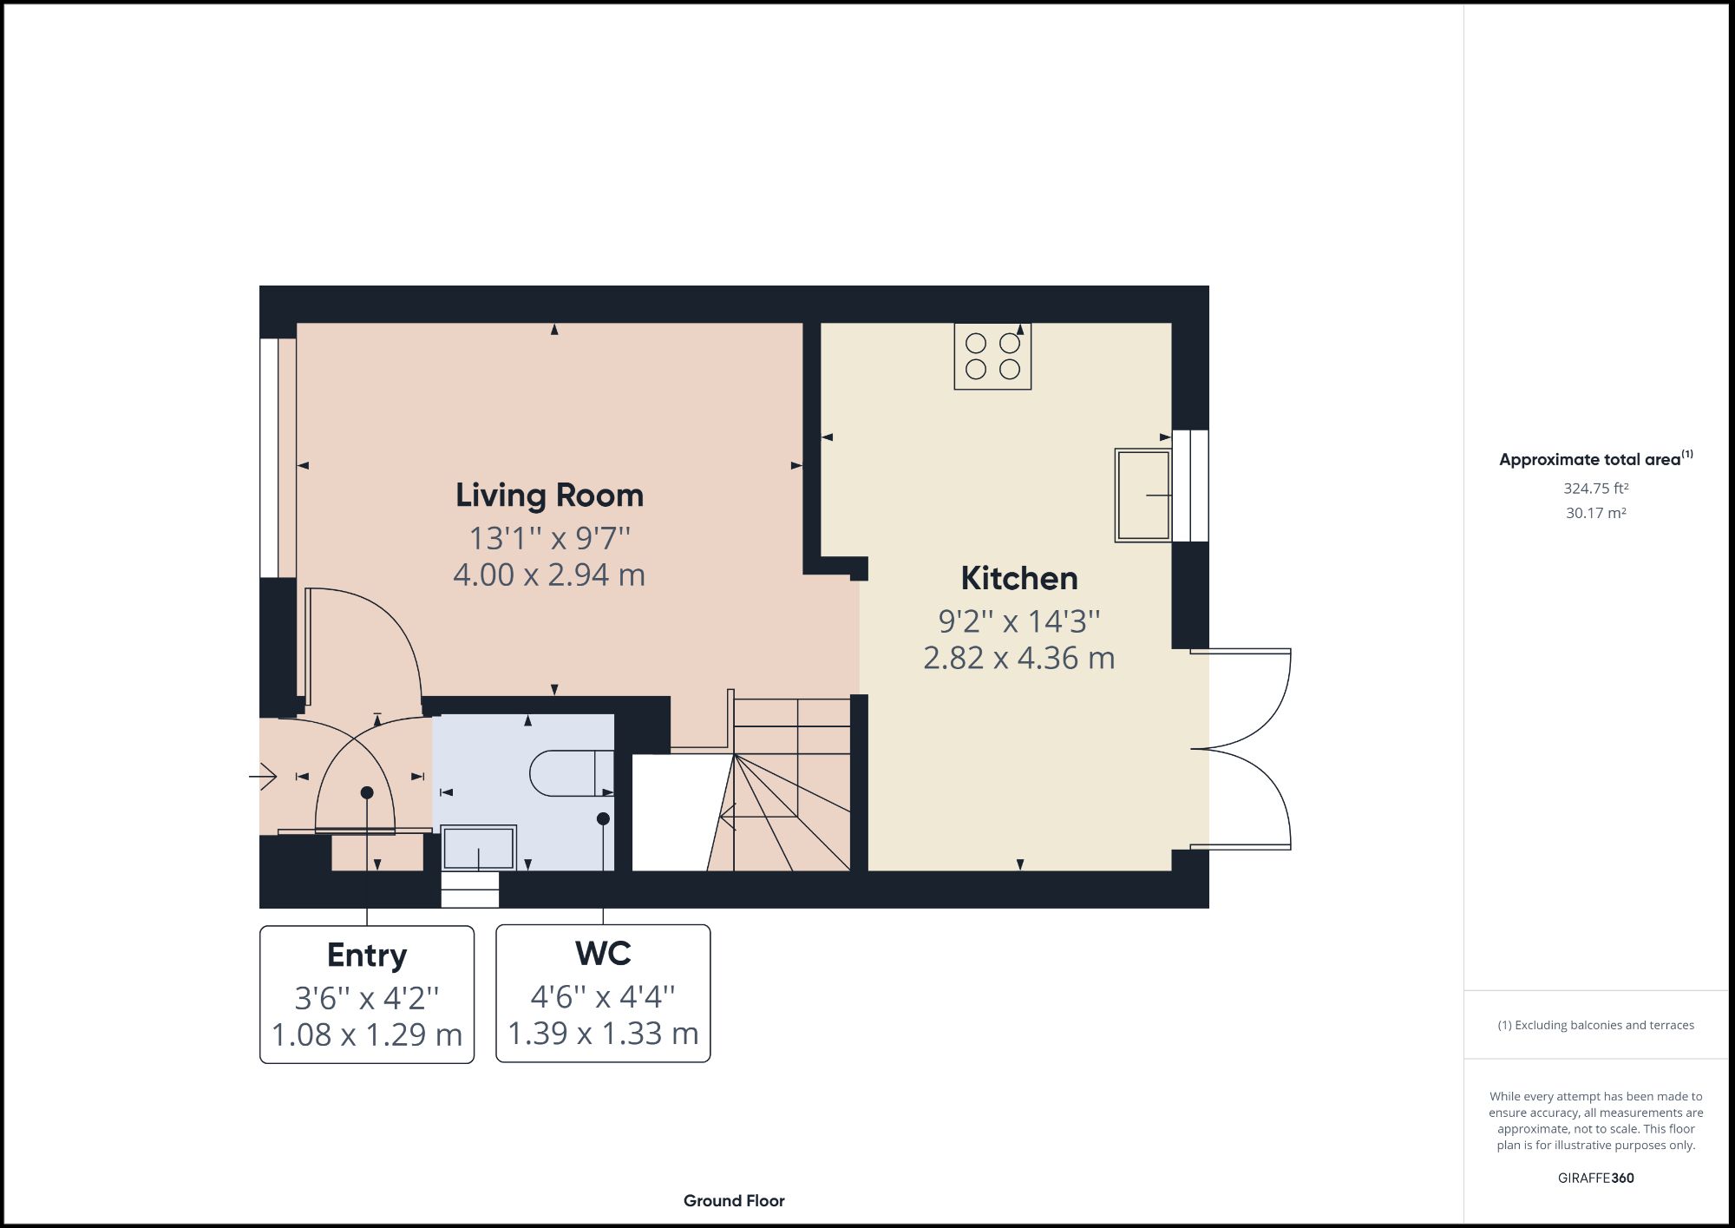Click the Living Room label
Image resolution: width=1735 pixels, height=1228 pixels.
[549, 496]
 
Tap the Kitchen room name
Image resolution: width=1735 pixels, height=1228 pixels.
[1018, 579]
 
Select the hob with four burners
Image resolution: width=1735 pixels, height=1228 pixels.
[992, 356]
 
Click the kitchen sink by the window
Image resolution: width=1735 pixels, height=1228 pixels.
[1142, 496]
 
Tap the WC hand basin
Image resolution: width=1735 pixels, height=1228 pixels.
[479, 848]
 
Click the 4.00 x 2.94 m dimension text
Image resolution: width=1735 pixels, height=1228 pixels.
[549, 575]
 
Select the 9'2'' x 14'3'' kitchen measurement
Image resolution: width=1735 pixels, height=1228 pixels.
[1018, 621]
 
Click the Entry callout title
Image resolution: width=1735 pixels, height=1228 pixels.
[367, 955]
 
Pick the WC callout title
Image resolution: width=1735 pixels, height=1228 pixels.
[603, 954]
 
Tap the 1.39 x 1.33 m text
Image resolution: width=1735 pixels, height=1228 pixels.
[603, 1034]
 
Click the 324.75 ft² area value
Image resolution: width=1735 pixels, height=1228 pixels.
[1595, 489]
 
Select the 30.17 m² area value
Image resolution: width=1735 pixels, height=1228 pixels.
[1595, 513]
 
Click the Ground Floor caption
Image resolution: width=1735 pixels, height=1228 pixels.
[734, 1201]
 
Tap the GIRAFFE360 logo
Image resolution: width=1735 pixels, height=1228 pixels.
[1595, 1178]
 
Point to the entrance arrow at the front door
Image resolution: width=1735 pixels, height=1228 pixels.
[264, 775]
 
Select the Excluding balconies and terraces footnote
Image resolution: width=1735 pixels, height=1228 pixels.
[1595, 1025]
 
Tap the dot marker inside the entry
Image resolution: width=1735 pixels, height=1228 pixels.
[367, 792]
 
